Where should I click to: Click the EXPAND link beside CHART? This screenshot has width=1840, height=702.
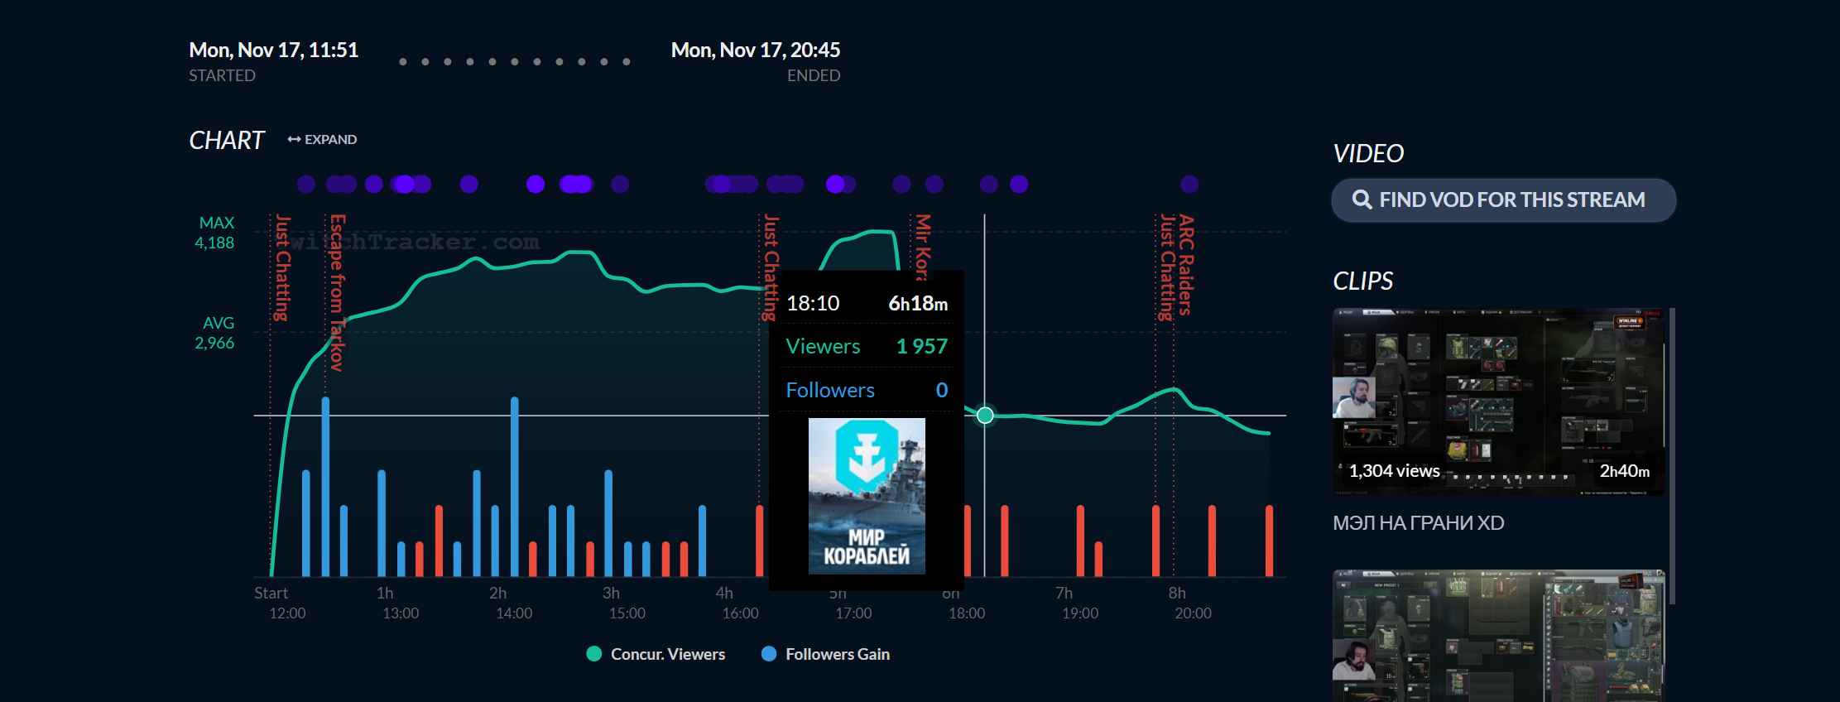tap(322, 139)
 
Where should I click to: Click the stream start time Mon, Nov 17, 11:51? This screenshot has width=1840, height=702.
tap(273, 50)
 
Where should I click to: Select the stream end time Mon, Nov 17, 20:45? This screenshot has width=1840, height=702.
tap(755, 50)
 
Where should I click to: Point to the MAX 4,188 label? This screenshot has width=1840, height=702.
tap(215, 233)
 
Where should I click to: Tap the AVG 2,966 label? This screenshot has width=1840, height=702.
tap(215, 333)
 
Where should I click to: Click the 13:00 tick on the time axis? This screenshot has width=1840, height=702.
tap(400, 613)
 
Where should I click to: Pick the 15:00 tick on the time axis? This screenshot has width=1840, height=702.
tap(627, 613)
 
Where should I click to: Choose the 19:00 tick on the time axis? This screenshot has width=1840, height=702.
tap(1079, 613)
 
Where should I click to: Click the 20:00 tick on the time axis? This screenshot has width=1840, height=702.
tap(1193, 613)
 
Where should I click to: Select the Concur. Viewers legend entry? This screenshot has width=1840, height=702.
tap(656, 654)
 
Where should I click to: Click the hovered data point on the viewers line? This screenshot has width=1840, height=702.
tap(985, 415)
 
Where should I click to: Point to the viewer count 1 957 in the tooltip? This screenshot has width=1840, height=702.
tap(921, 346)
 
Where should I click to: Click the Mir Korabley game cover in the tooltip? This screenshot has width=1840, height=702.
tap(867, 496)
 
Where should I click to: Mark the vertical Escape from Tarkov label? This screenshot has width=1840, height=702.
tap(337, 292)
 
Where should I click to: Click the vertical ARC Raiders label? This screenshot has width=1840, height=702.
tap(1186, 265)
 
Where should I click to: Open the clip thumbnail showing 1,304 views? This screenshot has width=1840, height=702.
tap(1498, 402)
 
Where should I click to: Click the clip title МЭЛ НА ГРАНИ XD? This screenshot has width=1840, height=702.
tap(1418, 523)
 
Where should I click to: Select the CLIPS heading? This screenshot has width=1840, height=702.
tap(1362, 281)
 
